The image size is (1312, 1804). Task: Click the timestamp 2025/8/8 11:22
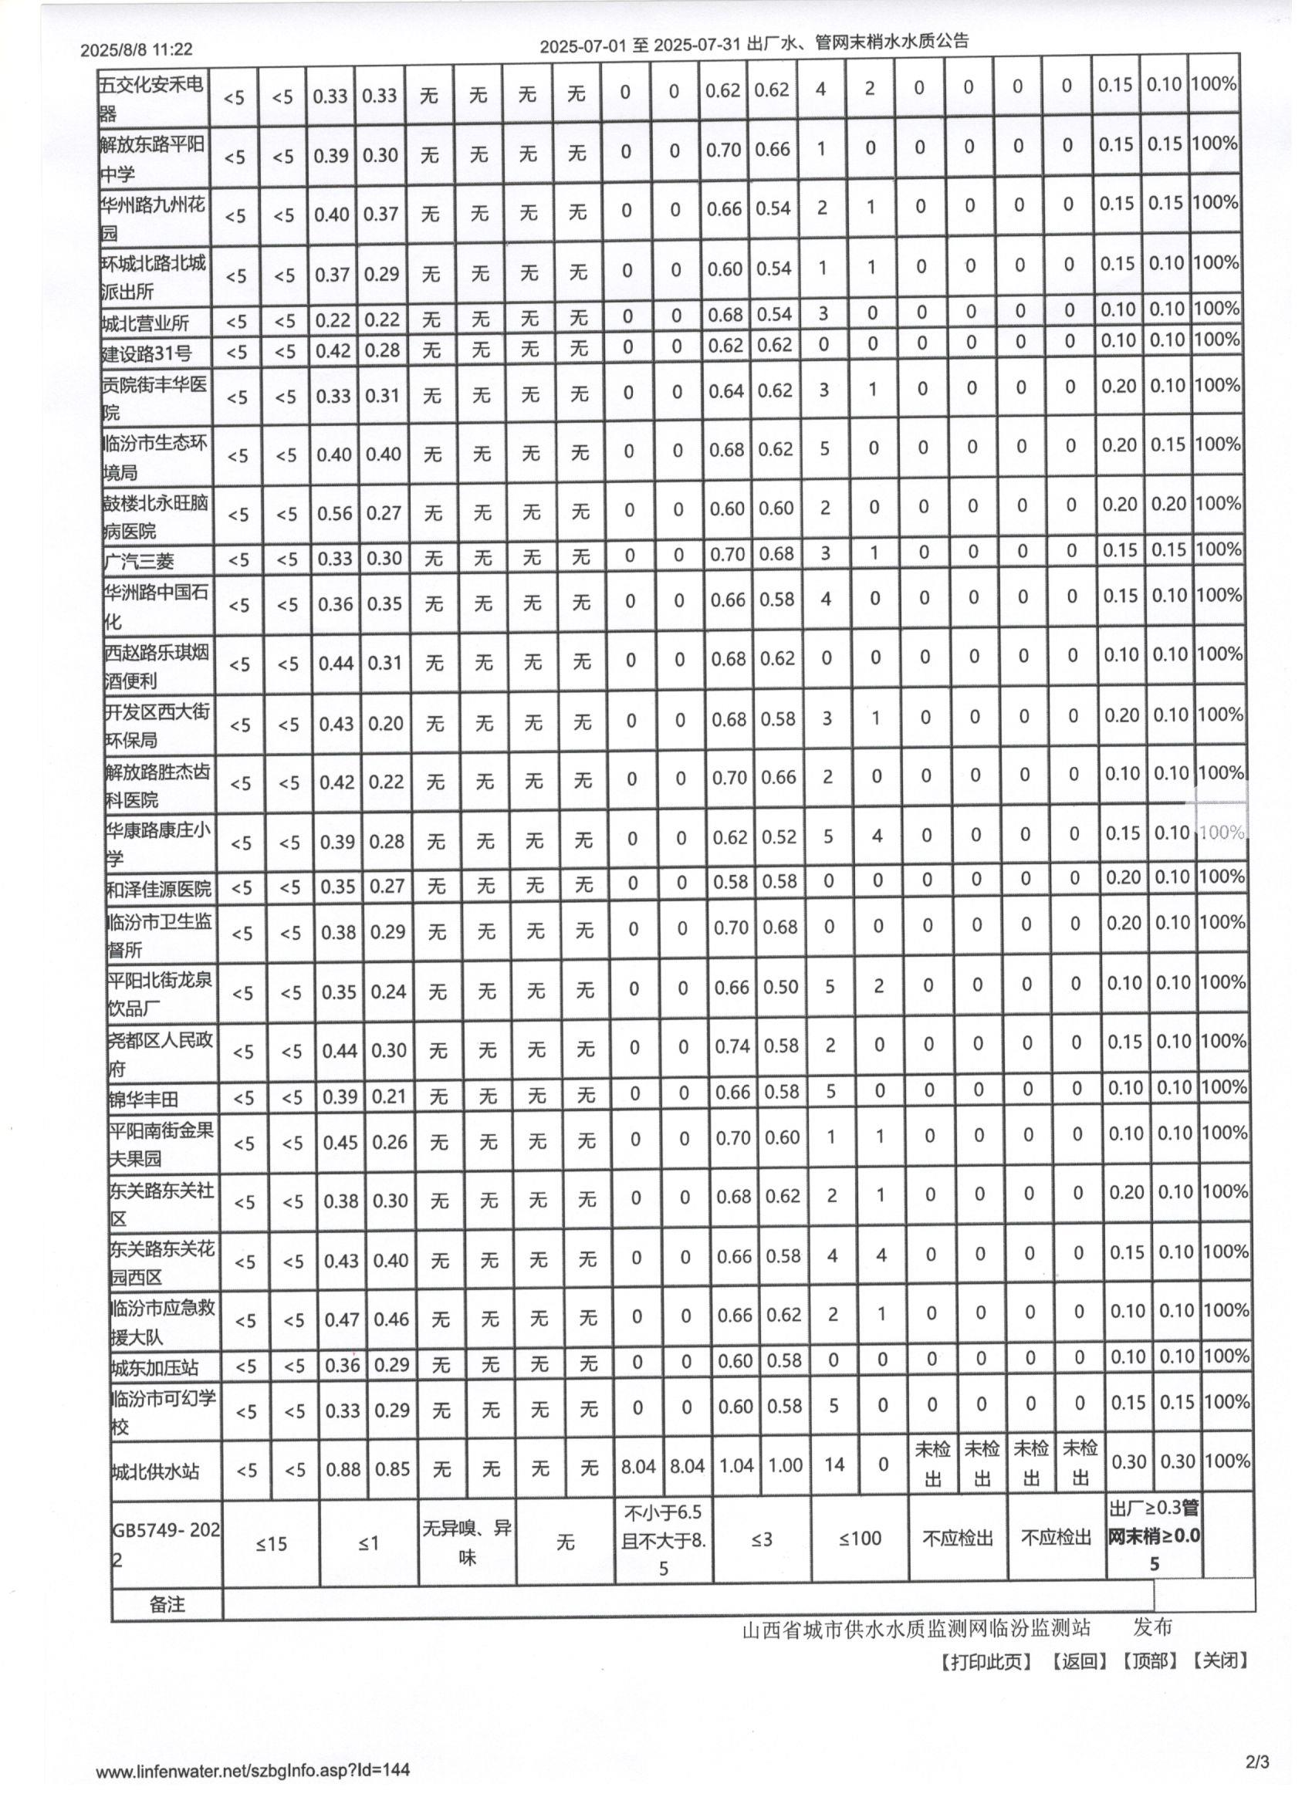[x=136, y=49]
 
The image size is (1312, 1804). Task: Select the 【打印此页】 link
[x=985, y=1660]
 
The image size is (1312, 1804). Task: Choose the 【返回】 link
[x=1078, y=1660]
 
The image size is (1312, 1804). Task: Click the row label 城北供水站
[x=155, y=1471]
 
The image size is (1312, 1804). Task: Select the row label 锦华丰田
[x=144, y=1100]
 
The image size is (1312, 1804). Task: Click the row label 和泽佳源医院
[x=159, y=887]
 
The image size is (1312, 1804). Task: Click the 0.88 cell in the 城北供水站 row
[x=343, y=1469]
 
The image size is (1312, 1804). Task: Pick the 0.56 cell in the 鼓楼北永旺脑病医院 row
[x=334, y=513]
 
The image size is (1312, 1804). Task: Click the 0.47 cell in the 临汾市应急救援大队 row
[x=340, y=1319]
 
